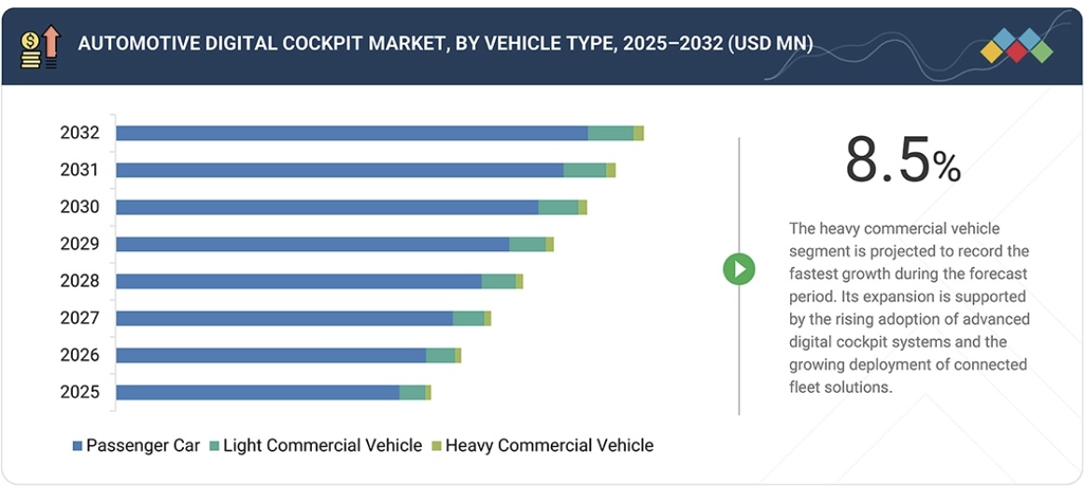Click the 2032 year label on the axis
tap(79, 133)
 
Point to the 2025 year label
tap(79, 392)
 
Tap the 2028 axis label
tap(79, 281)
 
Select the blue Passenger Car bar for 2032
tap(351, 133)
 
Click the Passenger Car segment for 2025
tap(257, 392)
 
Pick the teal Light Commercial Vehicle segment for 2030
tap(558, 207)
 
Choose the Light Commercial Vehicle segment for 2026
tap(440, 356)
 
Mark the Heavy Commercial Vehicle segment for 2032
tap(638, 133)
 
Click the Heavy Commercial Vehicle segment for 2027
tap(487, 318)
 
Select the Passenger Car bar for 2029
tap(312, 244)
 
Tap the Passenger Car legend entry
tap(136, 445)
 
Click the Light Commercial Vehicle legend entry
tap(316, 445)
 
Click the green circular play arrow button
tap(739, 270)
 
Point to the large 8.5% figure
tap(902, 161)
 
